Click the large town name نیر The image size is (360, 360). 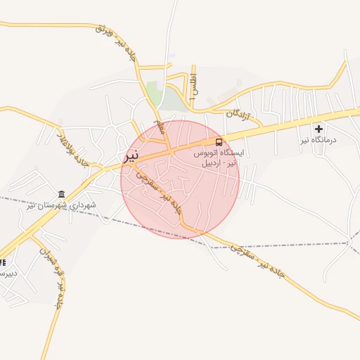[x=131, y=156]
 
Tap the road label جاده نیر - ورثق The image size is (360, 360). [x=114, y=42]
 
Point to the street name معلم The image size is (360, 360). [x=160, y=128]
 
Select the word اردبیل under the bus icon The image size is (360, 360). [x=212, y=163]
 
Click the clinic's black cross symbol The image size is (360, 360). [x=319, y=129]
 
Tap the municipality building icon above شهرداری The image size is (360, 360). [x=62, y=194]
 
